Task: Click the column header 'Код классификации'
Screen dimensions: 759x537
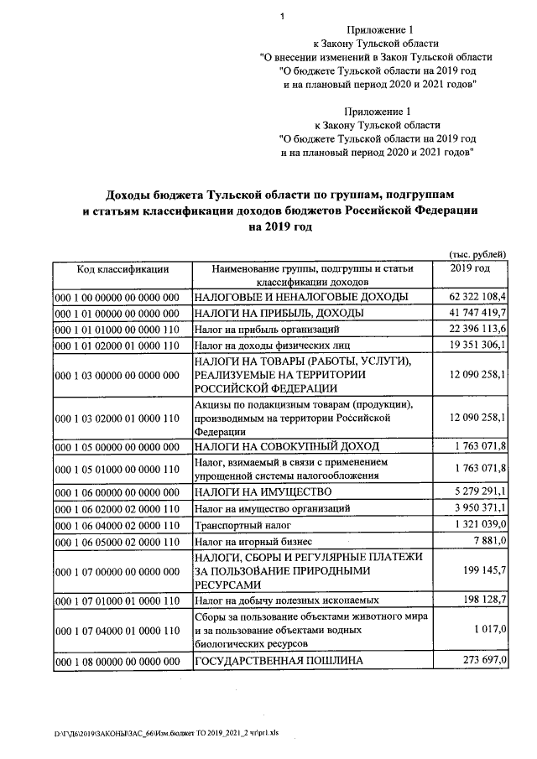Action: pos(123,269)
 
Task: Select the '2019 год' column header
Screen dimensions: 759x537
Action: pos(470,268)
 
